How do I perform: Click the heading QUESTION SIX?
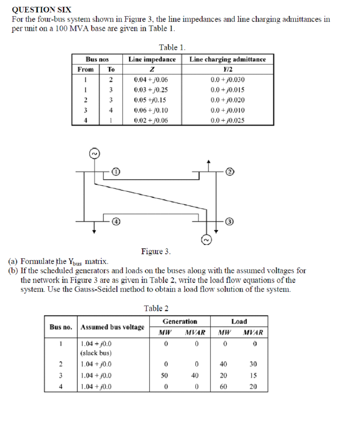[41, 10]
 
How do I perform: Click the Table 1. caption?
[172, 47]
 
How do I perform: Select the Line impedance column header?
[152, 59]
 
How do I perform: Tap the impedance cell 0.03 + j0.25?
[151, 90]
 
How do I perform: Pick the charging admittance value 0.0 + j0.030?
[227, 80]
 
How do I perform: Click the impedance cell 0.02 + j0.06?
[151, 120]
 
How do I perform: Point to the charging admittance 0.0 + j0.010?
[227, 110]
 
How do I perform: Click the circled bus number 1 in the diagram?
[116, 171]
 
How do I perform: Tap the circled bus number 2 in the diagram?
[230, 171]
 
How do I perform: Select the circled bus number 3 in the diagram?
[230, 221]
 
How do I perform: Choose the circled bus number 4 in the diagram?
[116, 221]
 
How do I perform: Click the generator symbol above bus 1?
[94, 153]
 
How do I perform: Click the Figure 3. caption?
[156, 251]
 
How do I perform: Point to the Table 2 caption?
[156, 308]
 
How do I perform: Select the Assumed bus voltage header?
[113, 327]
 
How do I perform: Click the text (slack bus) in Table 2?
[96, 353]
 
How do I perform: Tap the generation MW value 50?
[164, 375]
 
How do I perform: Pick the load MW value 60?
[223, 387]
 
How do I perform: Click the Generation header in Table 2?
[180, 321]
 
